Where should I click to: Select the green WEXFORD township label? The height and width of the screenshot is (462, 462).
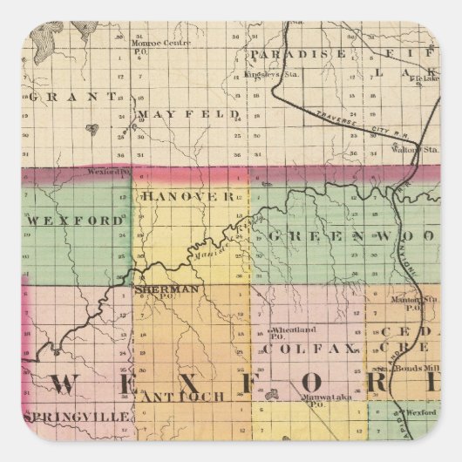click(x=76, y=221)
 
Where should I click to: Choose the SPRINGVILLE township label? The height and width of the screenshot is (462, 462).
click(x=78, y=417)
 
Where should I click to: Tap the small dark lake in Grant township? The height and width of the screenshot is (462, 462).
click(x=92, y=131)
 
